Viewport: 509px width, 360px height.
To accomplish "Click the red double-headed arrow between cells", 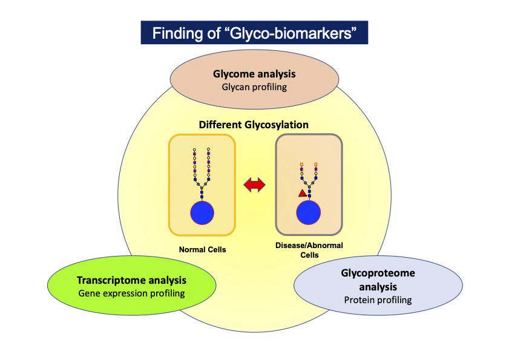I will point(254,186).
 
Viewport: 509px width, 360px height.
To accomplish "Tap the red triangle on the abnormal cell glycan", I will point(301,193).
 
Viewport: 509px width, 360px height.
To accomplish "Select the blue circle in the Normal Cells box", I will point(203,213).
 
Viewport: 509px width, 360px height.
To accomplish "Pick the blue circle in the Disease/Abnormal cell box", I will point(309,212).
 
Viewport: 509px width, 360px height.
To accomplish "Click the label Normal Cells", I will point(202,249).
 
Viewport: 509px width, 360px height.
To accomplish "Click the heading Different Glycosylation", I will point(254,125).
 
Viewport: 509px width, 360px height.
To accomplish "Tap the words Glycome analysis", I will point(254,74).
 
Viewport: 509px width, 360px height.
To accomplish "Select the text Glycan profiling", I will point(254,87).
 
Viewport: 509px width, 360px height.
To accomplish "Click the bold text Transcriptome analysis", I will point(131,281).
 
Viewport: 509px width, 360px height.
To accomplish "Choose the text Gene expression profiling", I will point(131,293).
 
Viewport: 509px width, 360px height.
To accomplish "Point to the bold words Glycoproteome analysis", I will point(378,280).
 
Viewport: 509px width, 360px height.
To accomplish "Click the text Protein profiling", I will point(378,299).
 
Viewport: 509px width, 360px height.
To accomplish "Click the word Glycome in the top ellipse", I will point(233,74).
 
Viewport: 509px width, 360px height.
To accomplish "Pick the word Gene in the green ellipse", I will point(89,293).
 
